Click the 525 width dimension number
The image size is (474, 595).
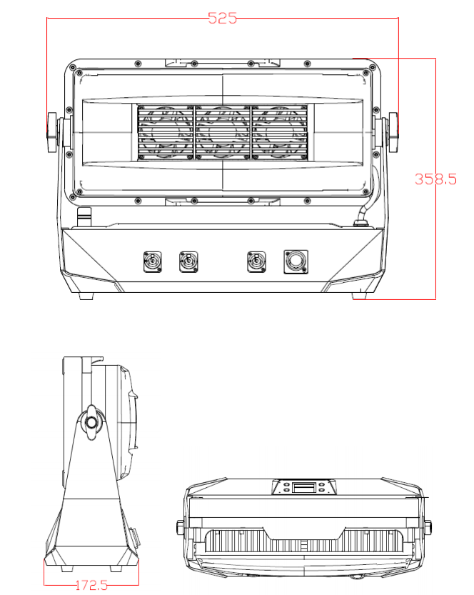pos(222,19)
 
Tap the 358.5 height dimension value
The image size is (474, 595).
pos(435,179)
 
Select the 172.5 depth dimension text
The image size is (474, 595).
pos(91,585)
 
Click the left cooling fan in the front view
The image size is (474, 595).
pos(166,133)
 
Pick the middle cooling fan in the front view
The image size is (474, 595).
pos(223,133)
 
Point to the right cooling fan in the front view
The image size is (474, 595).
pos(280,133)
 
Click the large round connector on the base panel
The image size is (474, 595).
pos(295,261)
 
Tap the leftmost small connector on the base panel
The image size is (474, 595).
pos(152,261)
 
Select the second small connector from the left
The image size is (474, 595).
pos(188,261)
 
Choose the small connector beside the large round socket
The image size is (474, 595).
pos(256,261)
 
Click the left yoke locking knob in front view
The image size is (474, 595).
pos(51,133)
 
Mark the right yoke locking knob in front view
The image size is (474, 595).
pos(393,133)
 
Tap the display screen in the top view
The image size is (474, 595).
pos(303,488)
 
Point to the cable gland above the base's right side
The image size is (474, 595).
pos(361,221)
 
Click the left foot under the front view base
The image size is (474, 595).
pos(86,296)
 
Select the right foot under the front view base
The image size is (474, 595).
pos(359,296)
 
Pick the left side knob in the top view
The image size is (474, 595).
pos(178,529)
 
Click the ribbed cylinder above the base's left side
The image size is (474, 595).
pos(84,214)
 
